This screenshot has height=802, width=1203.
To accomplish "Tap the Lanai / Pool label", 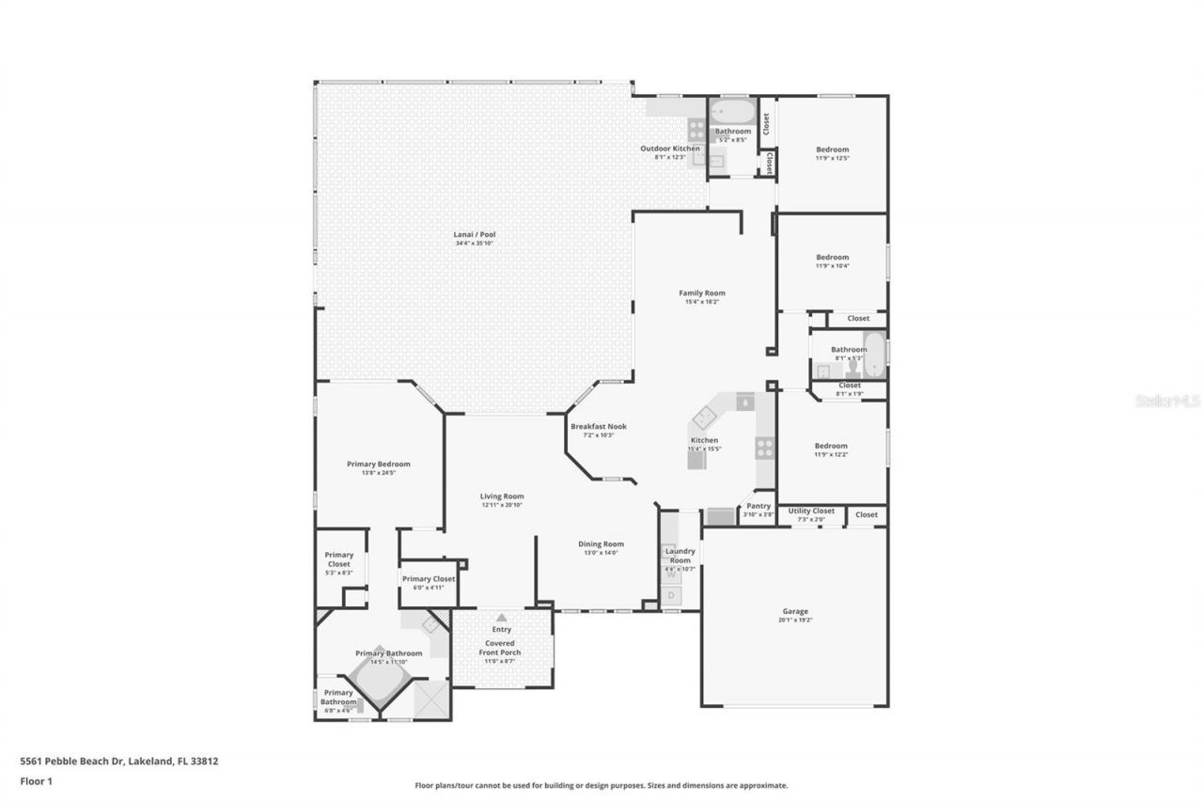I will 475,234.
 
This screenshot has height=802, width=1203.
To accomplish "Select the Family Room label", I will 702,293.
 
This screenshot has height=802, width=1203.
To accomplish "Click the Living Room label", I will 502,496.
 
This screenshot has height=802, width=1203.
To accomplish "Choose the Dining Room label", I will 601,544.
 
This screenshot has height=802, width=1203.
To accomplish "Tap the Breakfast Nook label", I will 598,426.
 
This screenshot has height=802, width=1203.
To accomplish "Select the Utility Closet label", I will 811,511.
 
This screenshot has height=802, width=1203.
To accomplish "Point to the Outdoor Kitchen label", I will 670,149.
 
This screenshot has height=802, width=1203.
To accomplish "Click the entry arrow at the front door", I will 501,617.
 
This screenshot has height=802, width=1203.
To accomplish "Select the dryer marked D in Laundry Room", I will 672,595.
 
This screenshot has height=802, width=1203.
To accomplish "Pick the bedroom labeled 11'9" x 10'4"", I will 832,258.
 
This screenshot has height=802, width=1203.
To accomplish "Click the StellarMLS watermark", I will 1168,401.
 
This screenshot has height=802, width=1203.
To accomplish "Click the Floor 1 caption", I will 37,780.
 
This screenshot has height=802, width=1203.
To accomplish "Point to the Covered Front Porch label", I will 500,648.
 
